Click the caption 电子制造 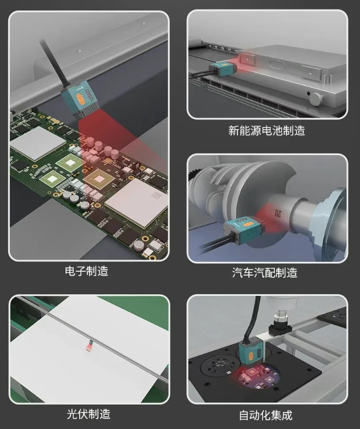86,271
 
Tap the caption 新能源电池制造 267,130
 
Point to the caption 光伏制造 88,413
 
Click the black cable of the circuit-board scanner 54,61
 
